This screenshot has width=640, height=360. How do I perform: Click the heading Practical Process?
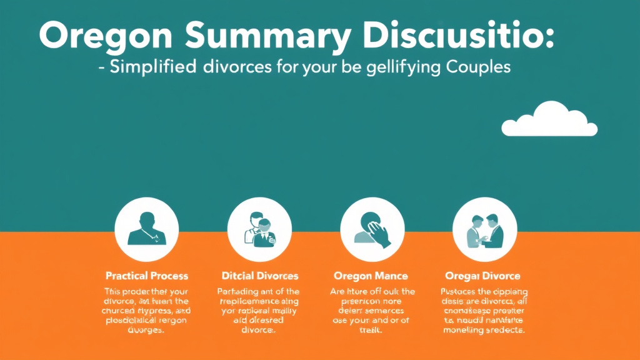click(x=147, y=276)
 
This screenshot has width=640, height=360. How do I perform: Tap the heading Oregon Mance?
click(x=371, y=276)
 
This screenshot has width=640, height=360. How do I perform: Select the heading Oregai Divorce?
click(x=482, y=276)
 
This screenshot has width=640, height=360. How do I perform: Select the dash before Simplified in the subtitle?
click(x=102, y=67)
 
